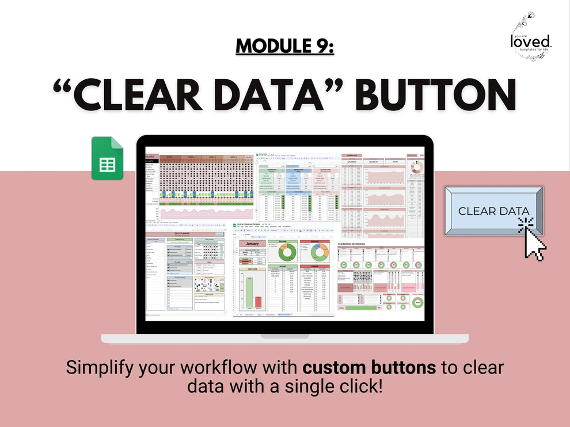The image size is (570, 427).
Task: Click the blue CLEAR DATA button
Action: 493,210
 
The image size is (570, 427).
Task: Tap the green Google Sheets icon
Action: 107,159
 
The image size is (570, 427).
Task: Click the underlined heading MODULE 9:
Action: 284,46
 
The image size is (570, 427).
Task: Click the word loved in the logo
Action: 530,40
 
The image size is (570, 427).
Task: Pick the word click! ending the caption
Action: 356,385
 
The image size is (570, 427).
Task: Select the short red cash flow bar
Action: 258,302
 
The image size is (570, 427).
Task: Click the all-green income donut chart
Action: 287,251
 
